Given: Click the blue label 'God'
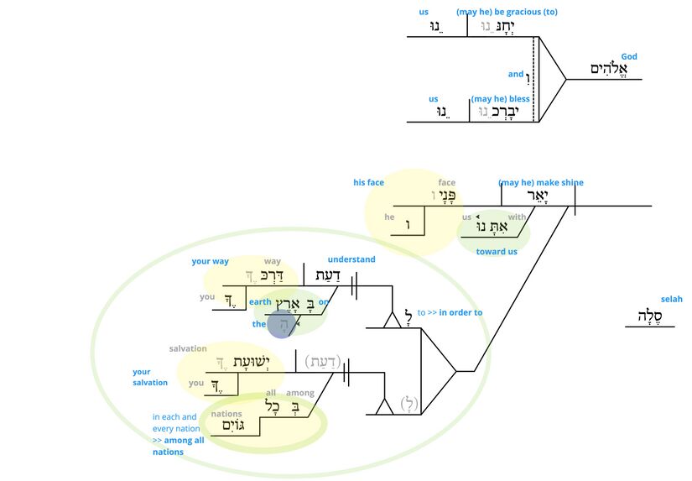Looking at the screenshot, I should [629, 57].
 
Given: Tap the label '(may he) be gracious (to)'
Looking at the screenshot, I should [507, 12].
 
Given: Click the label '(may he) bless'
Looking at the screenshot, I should [502, 99].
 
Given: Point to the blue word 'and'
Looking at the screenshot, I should [515, 74].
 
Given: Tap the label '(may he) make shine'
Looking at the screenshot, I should [540, 183].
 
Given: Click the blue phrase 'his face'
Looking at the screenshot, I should [368, 183].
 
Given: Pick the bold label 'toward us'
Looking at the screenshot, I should [497, 252].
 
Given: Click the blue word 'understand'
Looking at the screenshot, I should [351, 260].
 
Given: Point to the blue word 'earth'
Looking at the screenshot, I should [260, 302].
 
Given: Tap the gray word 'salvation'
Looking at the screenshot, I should [188, 349].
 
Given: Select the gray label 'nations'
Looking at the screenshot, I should [226, 414].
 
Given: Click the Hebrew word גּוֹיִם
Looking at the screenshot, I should [237, 426].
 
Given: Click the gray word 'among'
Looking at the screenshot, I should [300, 393].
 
